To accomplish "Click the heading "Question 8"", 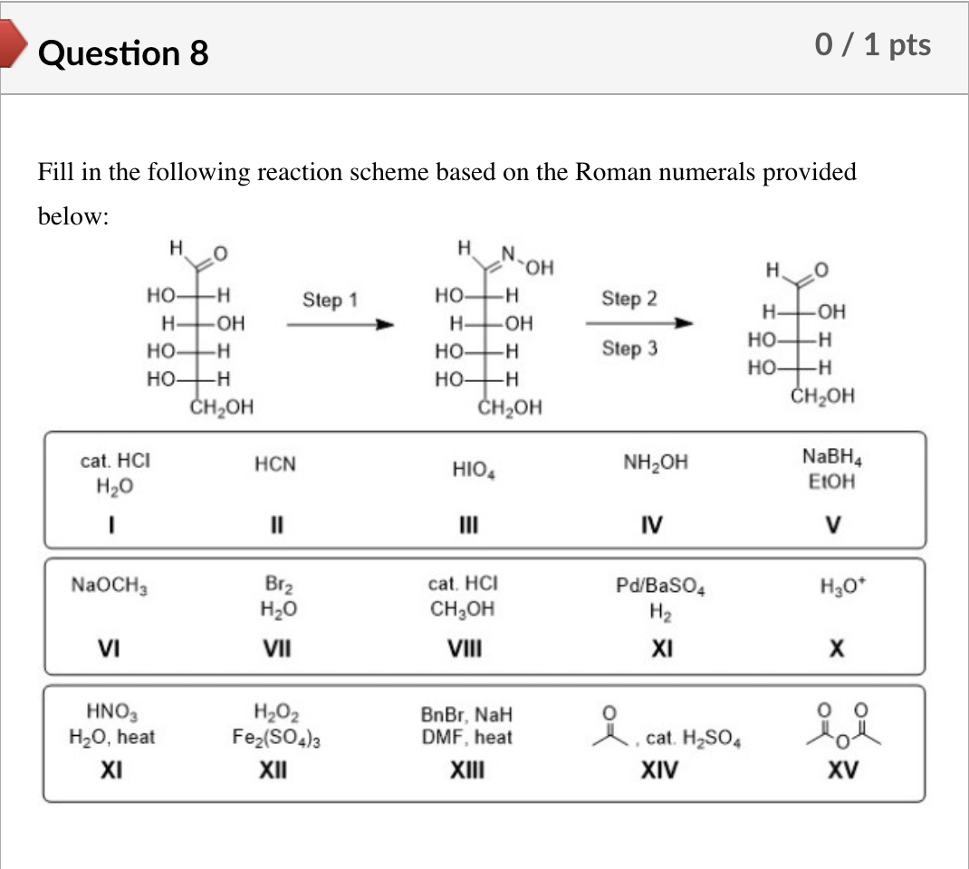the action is [x=124, y=53].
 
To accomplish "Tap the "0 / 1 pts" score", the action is [x=872, y=45].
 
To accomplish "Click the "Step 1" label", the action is [x=331, y=300].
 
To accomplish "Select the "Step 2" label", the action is [x=629, y=299].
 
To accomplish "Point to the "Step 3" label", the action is [x=629, y=349].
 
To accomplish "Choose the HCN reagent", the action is [x=275, y=465].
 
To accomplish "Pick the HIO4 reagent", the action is [x=472, y=469].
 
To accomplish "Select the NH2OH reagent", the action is [x=655, y=463].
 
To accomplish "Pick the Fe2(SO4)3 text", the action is [x=278, y=738].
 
